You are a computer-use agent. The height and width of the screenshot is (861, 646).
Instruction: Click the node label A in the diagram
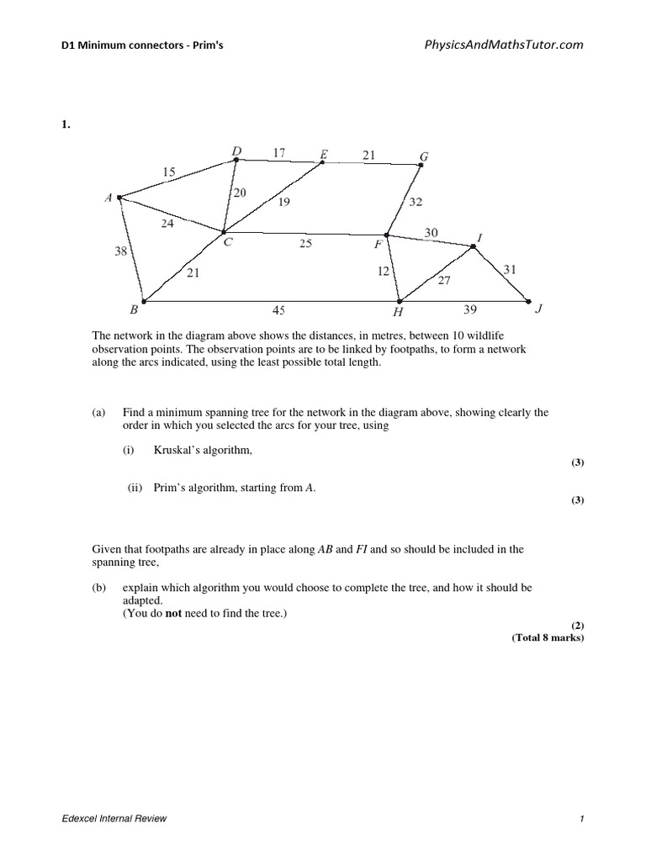click(x=108, y=198)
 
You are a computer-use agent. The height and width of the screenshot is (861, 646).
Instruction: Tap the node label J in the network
click(x=540, y=309)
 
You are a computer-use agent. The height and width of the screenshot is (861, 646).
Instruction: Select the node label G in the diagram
click(x=424, y=156)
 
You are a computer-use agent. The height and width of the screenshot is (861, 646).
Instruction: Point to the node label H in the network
click(x=398, y=312)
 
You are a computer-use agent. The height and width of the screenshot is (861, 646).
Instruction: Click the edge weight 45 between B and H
click(x=278, y=310)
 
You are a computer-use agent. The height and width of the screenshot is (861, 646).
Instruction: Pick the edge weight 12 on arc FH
click(x=384, y=272)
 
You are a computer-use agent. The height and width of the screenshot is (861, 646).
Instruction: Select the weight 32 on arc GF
click(x=416, y=202)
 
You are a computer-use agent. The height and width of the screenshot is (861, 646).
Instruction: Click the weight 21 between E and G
click(x=369, y=154)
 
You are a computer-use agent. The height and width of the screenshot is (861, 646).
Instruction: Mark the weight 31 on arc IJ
click(x=510, y=269)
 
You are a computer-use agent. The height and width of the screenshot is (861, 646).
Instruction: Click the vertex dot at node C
click(x=223, y=232)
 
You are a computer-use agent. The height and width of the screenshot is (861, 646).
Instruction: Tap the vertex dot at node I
click(x=473, y=246)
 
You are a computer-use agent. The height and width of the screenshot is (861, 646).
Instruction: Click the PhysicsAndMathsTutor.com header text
click(x=504, y=45)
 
